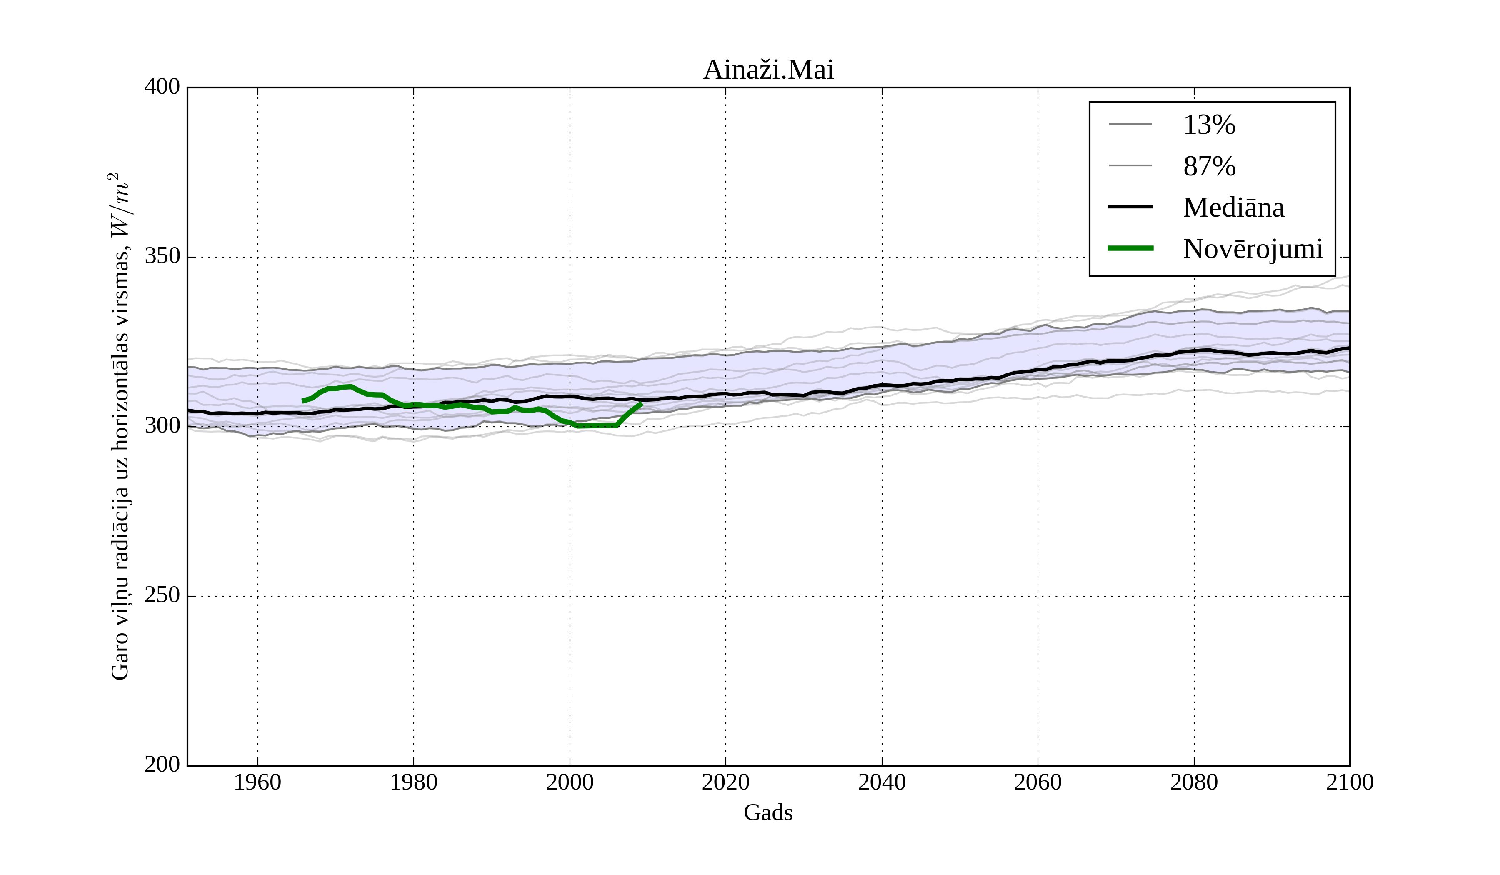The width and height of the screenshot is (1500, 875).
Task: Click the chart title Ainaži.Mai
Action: click(768, 70)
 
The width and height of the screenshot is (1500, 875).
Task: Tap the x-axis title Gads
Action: click(768, 813)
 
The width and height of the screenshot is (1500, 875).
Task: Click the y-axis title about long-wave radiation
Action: click(120, 426)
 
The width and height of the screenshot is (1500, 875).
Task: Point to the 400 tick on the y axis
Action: click(162, 87)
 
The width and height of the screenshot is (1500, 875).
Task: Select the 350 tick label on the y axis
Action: click(162, 257)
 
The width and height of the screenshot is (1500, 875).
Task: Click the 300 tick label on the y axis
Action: click(162, 426)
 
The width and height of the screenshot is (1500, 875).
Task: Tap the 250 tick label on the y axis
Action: click(162, 595)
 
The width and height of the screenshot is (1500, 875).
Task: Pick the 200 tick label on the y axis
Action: click(162, 765)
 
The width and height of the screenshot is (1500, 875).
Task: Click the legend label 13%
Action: click(1209, 125)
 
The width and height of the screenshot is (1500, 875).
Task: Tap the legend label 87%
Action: click(1209, 166)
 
